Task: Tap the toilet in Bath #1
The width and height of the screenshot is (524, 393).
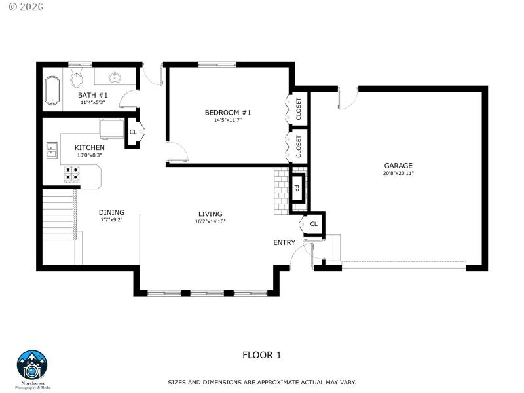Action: pos(76,80)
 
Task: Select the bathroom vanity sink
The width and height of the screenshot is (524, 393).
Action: pos(115,78)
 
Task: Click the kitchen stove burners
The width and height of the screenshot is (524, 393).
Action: pos(72,174)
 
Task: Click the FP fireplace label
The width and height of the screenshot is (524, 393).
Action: pos(297,188)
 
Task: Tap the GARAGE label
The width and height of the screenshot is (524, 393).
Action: pos(398,166)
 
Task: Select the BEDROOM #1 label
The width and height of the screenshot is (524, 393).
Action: pos(228,113)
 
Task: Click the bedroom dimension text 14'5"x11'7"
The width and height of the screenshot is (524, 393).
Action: pos(228,120)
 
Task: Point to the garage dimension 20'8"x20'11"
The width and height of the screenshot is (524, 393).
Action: pos(398,174)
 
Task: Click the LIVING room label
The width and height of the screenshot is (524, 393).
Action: pos(210,214)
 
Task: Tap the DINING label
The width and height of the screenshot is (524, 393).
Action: pos(111,212)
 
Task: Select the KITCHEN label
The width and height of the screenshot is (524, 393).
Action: pos(89,147)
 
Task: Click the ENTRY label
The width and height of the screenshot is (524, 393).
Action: pos(284,242)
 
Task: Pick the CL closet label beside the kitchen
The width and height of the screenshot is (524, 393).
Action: pos(133,132)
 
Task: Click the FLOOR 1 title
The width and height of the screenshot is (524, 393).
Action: pos(261,356)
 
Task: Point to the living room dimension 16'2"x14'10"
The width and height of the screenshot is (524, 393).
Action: pos(210,221)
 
